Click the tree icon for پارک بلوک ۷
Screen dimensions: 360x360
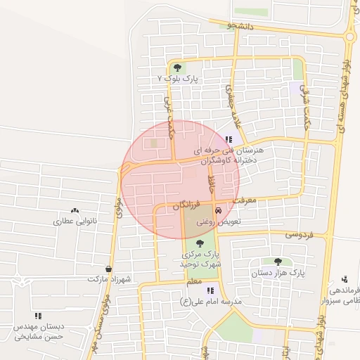(x=177, y=68)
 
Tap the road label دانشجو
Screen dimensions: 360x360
(x=240, y=25)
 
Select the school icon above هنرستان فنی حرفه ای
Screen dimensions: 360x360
(x=228, y=139)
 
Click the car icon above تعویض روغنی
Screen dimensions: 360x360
(x=218, y=210)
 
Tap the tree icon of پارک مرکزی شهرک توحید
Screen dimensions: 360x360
(x=200, y=243)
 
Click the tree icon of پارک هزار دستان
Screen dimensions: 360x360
(x=287, y=262)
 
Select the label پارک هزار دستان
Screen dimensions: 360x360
(x=279, y=272)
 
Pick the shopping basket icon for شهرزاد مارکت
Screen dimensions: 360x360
(x=108, y=269)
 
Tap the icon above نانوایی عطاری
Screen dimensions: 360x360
(x=75, y=211)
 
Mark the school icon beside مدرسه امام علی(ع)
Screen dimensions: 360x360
(x=210, y=290)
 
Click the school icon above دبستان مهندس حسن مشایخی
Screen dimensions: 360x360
(x=37, y=316)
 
